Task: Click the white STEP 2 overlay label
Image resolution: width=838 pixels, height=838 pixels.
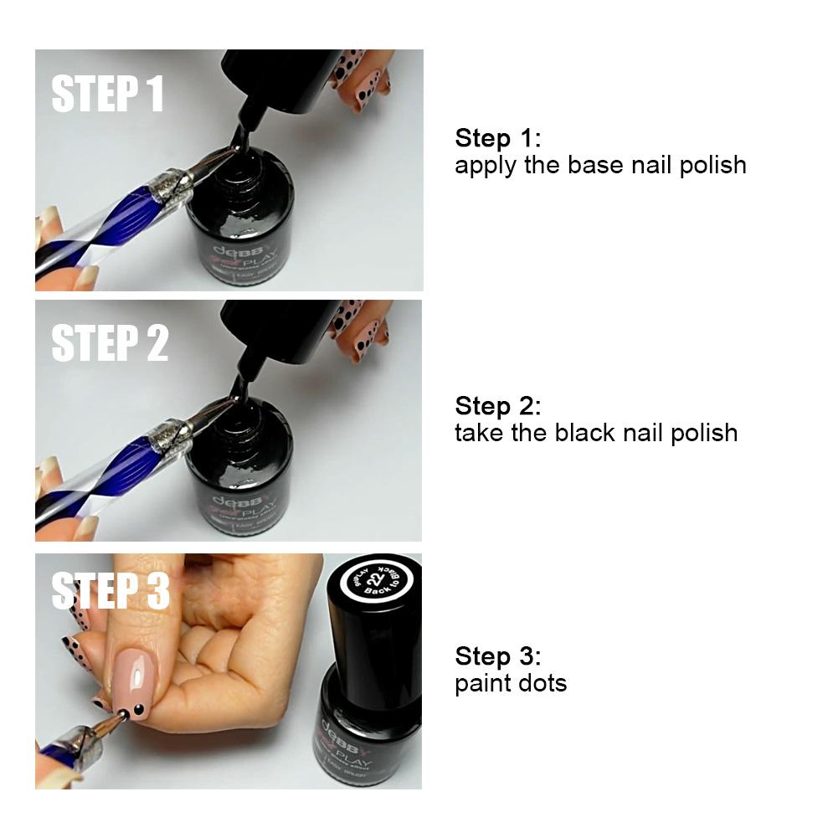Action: [x=110, y=342]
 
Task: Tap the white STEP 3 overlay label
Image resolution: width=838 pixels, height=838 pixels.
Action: [x=111, y=590]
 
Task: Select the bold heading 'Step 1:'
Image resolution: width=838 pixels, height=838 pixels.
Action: [x=498, y=138]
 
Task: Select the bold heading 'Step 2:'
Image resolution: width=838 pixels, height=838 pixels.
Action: [x=498, y=406]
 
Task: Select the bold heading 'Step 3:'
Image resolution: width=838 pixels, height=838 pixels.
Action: [x=498, y=655]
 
